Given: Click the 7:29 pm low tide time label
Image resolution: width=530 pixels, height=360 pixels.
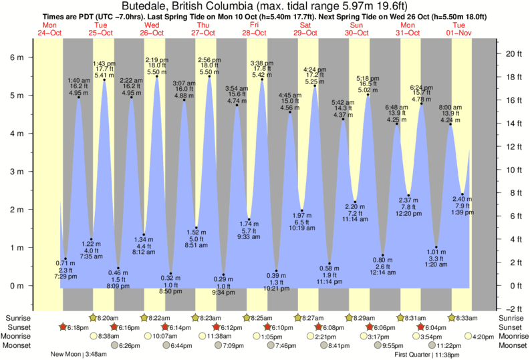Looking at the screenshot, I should [65, 277].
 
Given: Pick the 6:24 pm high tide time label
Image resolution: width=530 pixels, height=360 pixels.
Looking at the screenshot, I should [421, 87].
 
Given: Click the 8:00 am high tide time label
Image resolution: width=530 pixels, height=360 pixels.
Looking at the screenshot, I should [450, 107].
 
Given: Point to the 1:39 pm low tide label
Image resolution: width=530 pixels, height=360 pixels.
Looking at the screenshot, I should [462, 212].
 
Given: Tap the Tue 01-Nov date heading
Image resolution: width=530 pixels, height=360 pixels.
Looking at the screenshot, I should [462, 29].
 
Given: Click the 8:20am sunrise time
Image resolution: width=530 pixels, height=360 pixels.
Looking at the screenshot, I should [108, 317].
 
